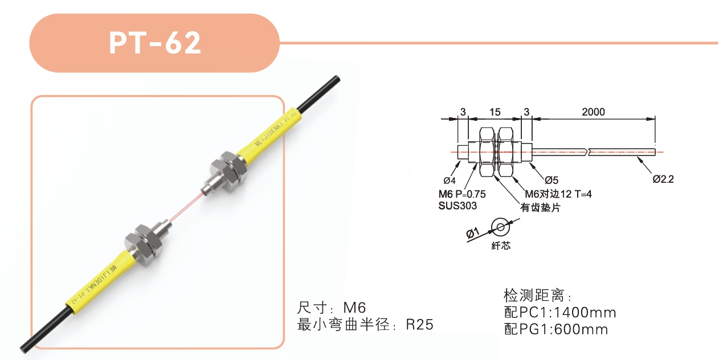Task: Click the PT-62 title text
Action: (x=155, y=43)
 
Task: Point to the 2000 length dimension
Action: (x=593, y=112)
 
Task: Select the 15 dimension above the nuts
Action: (x=495, y=112)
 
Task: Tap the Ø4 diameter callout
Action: (x=450, y=181)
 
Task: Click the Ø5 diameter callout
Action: (x=552, y=180)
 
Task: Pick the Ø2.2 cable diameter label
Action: (x=663, y=179)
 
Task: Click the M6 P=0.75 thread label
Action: (x=462, y=194)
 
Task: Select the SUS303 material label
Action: (x=458, y=206)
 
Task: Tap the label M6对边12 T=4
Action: (x=558, y=194)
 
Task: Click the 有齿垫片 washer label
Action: (x=540, y=207)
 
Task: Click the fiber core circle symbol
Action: (x=500, y=227)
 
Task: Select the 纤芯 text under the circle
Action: (x=501, y=246)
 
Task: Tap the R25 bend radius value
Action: (x=419, y=325)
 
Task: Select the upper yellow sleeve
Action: (x=269, y=132)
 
